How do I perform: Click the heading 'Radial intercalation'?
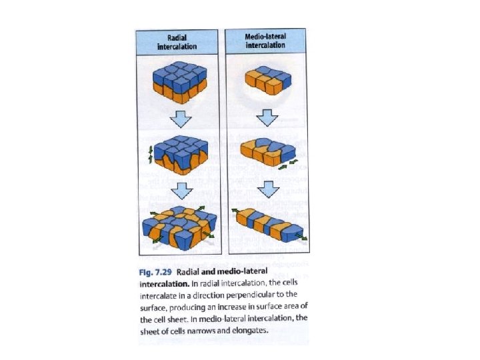coord(177,42)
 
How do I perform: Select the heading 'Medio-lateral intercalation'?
coord(265,41)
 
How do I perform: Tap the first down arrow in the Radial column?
coord(181,119)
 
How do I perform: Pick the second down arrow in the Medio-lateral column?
coord(269,189)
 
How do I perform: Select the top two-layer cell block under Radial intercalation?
coord(180,83)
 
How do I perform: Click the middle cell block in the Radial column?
coord(181,155)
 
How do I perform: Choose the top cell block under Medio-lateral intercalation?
coord(268,80)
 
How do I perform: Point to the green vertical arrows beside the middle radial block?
coord(150,155)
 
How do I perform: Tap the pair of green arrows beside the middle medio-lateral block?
coord(288,164)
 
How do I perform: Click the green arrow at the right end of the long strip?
coord(301,237)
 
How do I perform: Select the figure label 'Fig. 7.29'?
coord(155,272)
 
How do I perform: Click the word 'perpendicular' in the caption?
coord(250,295)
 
